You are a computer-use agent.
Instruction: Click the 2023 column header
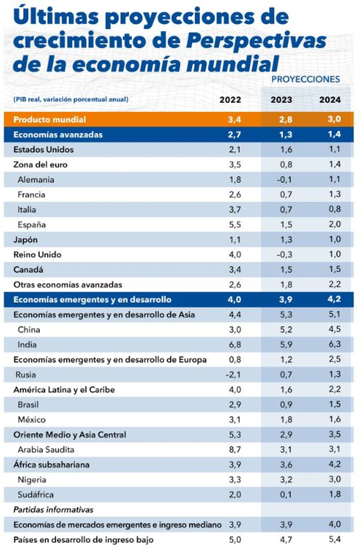tap(281, 100)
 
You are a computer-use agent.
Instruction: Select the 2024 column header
tap(330, 100)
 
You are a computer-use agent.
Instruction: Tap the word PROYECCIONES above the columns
tap(305, 79)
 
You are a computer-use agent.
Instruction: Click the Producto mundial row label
tap(49, 120)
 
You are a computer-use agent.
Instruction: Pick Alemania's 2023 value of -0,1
tap(284, 180)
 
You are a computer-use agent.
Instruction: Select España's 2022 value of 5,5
tap(235, 225)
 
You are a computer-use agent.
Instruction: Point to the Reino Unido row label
tap(37, 255)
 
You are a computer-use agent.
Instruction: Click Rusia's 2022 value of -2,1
tap(233, 375)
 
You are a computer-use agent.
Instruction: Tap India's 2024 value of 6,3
tap(334, 344)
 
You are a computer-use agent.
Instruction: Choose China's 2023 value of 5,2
tap(286, 330)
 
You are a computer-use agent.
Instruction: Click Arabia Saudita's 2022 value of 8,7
tap(235, 450)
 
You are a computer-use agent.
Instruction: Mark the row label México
tap(31, 420)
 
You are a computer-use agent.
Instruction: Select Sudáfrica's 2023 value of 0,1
tap(286, 495)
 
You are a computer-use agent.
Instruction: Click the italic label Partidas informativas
tap(53, 510)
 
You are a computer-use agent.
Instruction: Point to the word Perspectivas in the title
tap(256, 40)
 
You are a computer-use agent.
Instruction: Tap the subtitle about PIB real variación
tap(71, 99)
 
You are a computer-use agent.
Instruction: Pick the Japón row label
tap(25, 240)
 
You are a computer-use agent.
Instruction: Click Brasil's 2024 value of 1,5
tap(334, 404)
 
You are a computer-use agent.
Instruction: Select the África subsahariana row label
tap(51, 465)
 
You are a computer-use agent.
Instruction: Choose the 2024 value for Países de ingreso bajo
tap(334, 539)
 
